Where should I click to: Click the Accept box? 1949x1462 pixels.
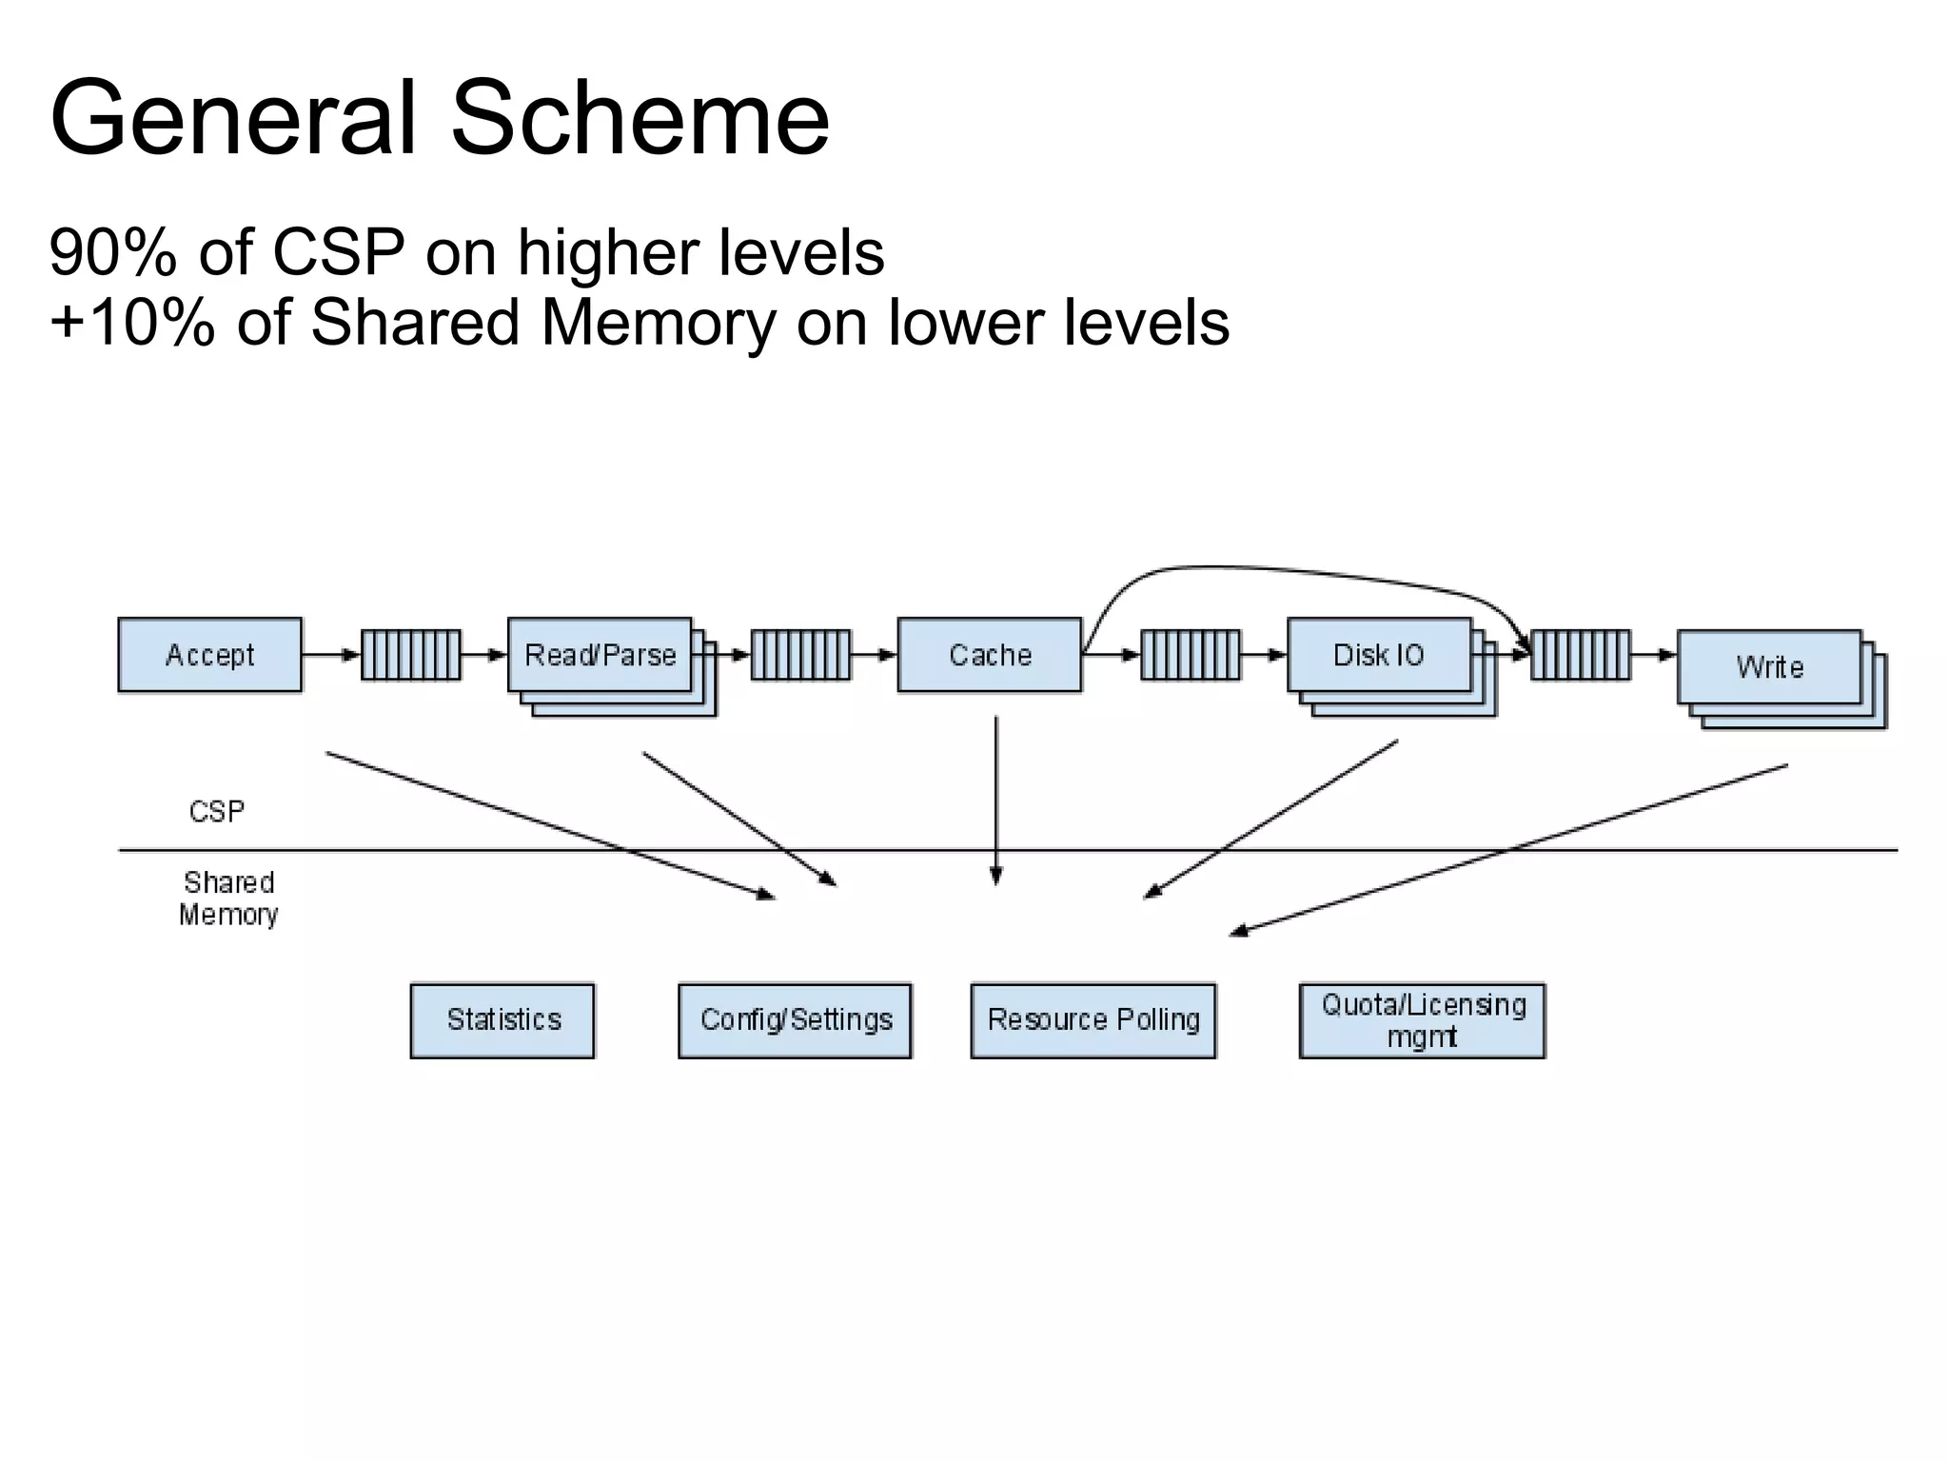coord(209,655)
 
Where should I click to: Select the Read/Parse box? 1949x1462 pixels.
coord(600,655)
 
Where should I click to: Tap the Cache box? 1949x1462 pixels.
coord(990,655)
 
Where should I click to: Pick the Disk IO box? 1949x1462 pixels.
coord(1378,655)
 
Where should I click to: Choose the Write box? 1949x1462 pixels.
coord(1768,666)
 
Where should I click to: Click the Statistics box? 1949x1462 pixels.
coord(502,1020)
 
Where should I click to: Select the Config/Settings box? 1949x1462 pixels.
coord(795,1020)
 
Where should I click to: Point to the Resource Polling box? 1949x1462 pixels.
coord(1093,1020)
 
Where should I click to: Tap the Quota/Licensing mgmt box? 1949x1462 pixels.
coord(1422,1020)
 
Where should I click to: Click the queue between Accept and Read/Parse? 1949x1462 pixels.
coord(411,655)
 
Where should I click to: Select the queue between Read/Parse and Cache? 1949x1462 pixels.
coord(800,655)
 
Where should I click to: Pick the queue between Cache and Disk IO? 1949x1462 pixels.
coord(1190,655)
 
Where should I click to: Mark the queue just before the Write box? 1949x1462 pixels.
coord(1580,655)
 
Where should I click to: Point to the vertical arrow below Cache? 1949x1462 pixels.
coord(995,800)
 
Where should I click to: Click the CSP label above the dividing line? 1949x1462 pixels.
coord(216,812)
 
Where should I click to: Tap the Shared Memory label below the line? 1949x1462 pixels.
coord(228,899)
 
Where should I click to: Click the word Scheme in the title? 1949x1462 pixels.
coord(640,119)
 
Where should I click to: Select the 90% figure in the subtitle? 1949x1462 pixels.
coord(112,253)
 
